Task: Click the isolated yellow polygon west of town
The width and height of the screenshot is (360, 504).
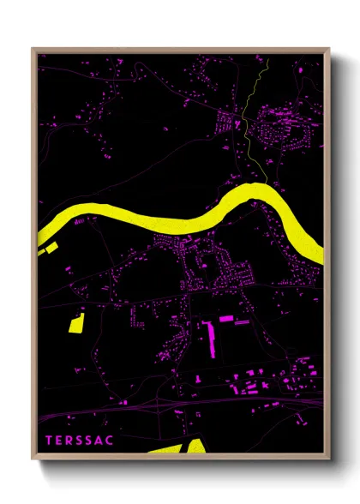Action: tap(75, 322)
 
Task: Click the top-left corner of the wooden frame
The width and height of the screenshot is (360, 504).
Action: tap(33, 49)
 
